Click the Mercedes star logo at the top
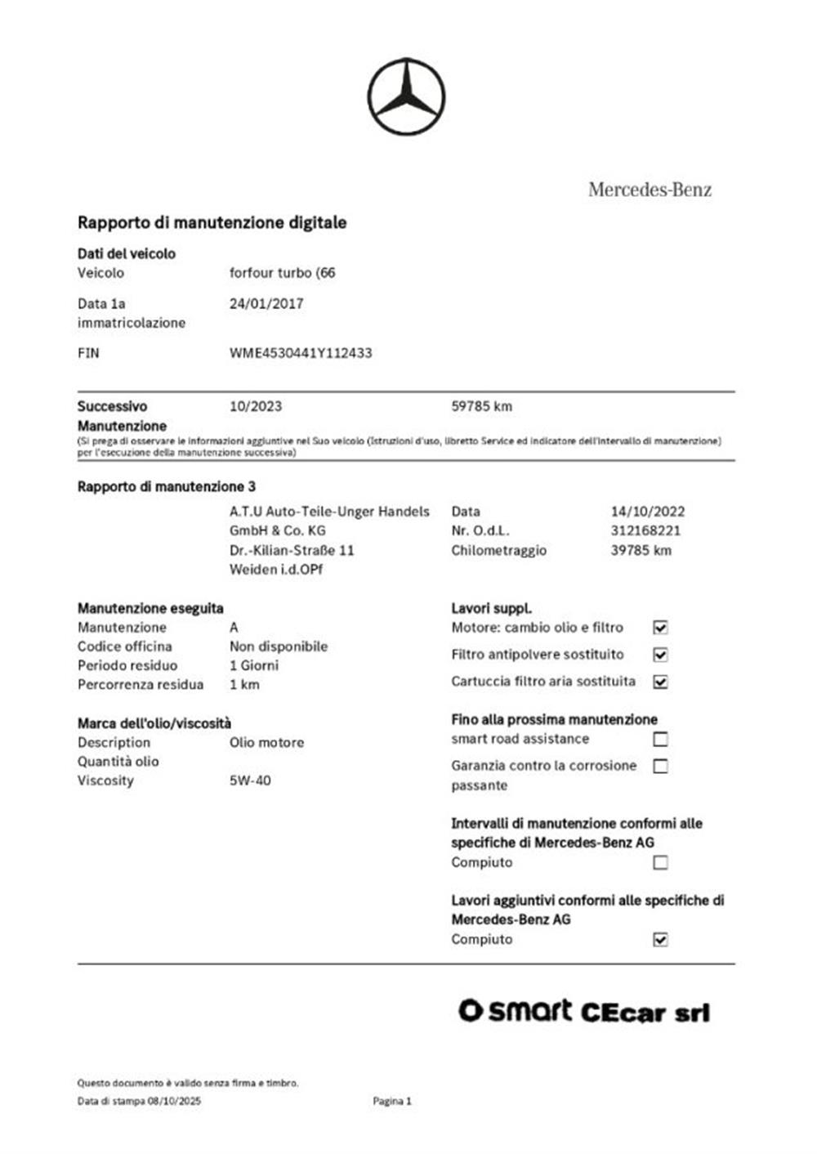click(406, 96)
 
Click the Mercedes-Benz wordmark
click(650, 190)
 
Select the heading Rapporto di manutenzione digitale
click(212, 222)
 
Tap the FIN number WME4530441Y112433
click(301, 353)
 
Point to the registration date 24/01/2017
click(266, 303)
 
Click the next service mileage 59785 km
click(482, 406)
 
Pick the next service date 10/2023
click(256, 406)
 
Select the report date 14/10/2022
click(648, 512)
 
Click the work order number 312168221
click(645, 530)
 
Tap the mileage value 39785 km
click(641, 550)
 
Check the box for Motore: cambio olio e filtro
click(660, 628)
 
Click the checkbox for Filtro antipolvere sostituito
click(660, 655)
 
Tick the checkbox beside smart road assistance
click(660, 739)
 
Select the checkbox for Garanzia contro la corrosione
click(660, 766)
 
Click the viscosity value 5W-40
click(250, 781)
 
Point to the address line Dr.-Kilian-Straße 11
click(292, 550)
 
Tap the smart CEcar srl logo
click(583, 1012)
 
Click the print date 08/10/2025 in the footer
click(174, 1101)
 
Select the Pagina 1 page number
click(392, 1101)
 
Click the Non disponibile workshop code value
click(279, 646)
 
